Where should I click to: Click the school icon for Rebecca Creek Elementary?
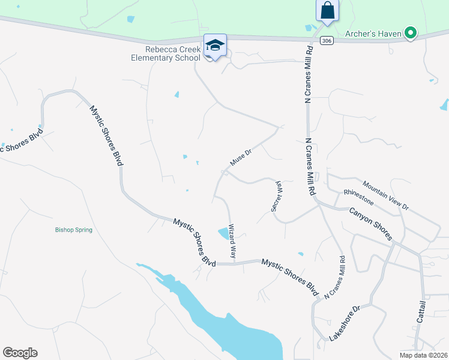[x=215, y=46]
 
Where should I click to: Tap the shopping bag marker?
[x=327, y=10]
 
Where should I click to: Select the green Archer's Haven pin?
[x=411, y=33]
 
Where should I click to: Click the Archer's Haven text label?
[x=373, y=34]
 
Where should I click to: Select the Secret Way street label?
[x=277, y=196]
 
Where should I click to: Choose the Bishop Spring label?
[x=74, y=230]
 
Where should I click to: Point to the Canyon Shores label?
[x=371, y=222]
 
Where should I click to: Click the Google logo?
[x=20, y=352]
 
